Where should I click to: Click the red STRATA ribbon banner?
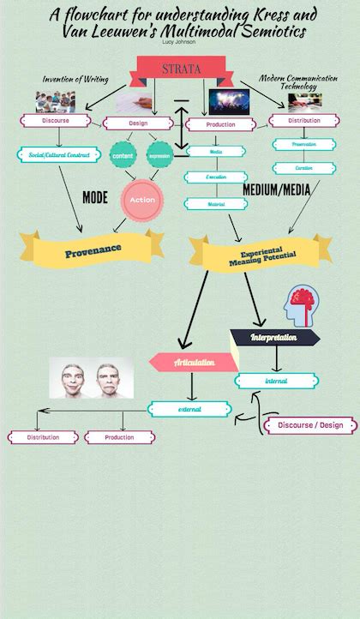181,69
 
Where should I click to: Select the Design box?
138,123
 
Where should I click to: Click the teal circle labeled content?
123,155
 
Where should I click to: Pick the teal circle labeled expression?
159,155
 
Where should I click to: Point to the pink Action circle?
141,200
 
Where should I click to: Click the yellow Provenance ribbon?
93,249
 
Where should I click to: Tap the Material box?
216,204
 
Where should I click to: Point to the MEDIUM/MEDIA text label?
276,189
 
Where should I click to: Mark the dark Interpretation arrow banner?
273,337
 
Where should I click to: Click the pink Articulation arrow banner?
192,363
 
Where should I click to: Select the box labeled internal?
276,381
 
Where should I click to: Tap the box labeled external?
189,409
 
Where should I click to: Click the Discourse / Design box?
310,425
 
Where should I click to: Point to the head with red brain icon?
299,305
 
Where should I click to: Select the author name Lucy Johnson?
179,40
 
